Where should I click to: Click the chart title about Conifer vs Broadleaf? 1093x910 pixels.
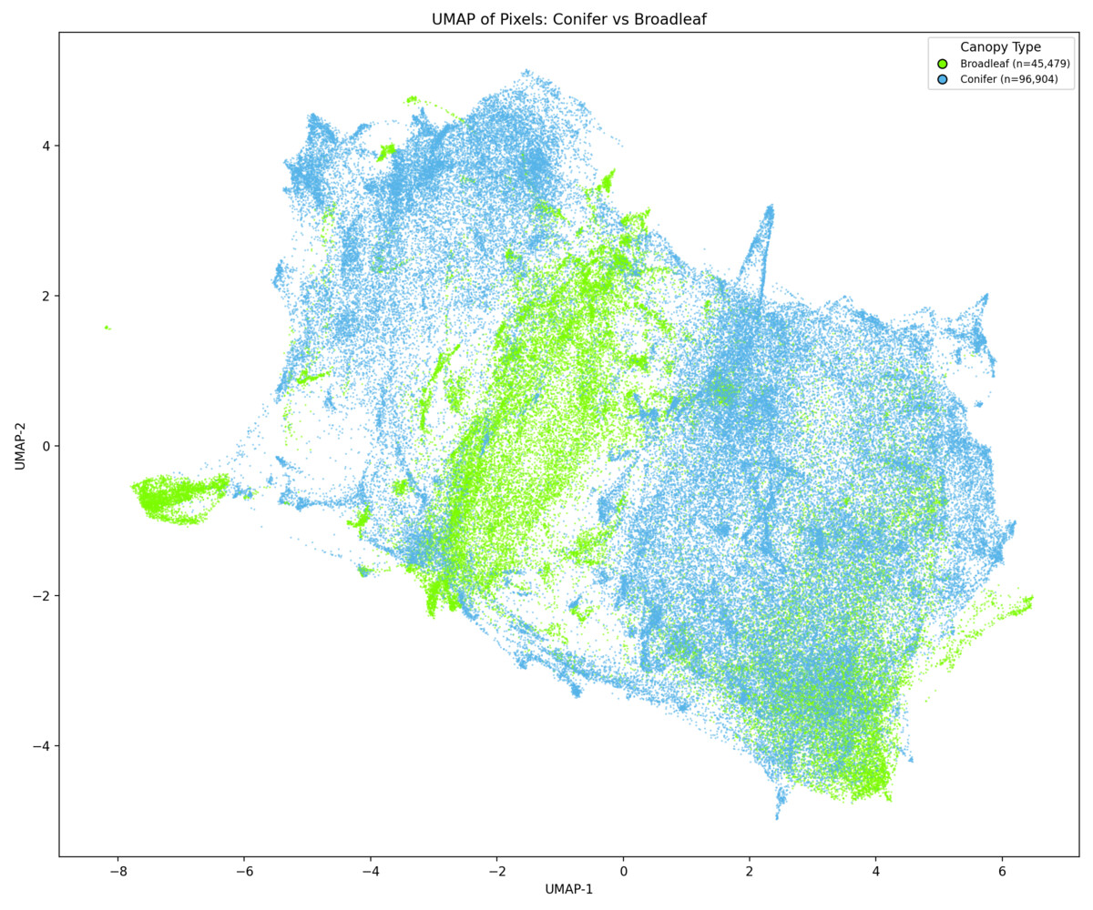click(x=569, y=19)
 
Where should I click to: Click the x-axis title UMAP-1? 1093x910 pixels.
click(x=569, y=889)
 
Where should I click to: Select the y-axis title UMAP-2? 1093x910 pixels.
click(x=20, y=445)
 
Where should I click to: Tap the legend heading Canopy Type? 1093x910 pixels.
click(x=1000, y=47)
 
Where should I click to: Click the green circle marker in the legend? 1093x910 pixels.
click(x=942, y=64)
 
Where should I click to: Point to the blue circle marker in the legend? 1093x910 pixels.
click(x=942, y=80)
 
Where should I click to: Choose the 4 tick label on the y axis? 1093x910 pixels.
click(x=44, y=146)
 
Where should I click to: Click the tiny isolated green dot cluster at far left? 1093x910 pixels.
click(x=107, y=328)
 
